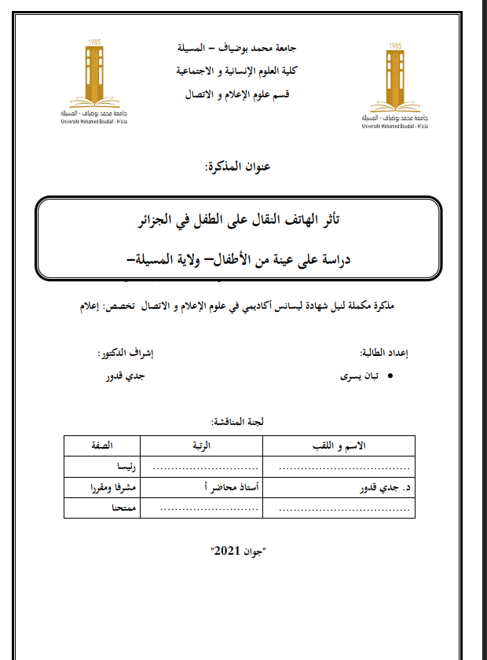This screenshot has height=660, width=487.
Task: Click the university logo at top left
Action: pos(94,79)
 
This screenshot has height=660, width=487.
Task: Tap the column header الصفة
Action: pos(103,446)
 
